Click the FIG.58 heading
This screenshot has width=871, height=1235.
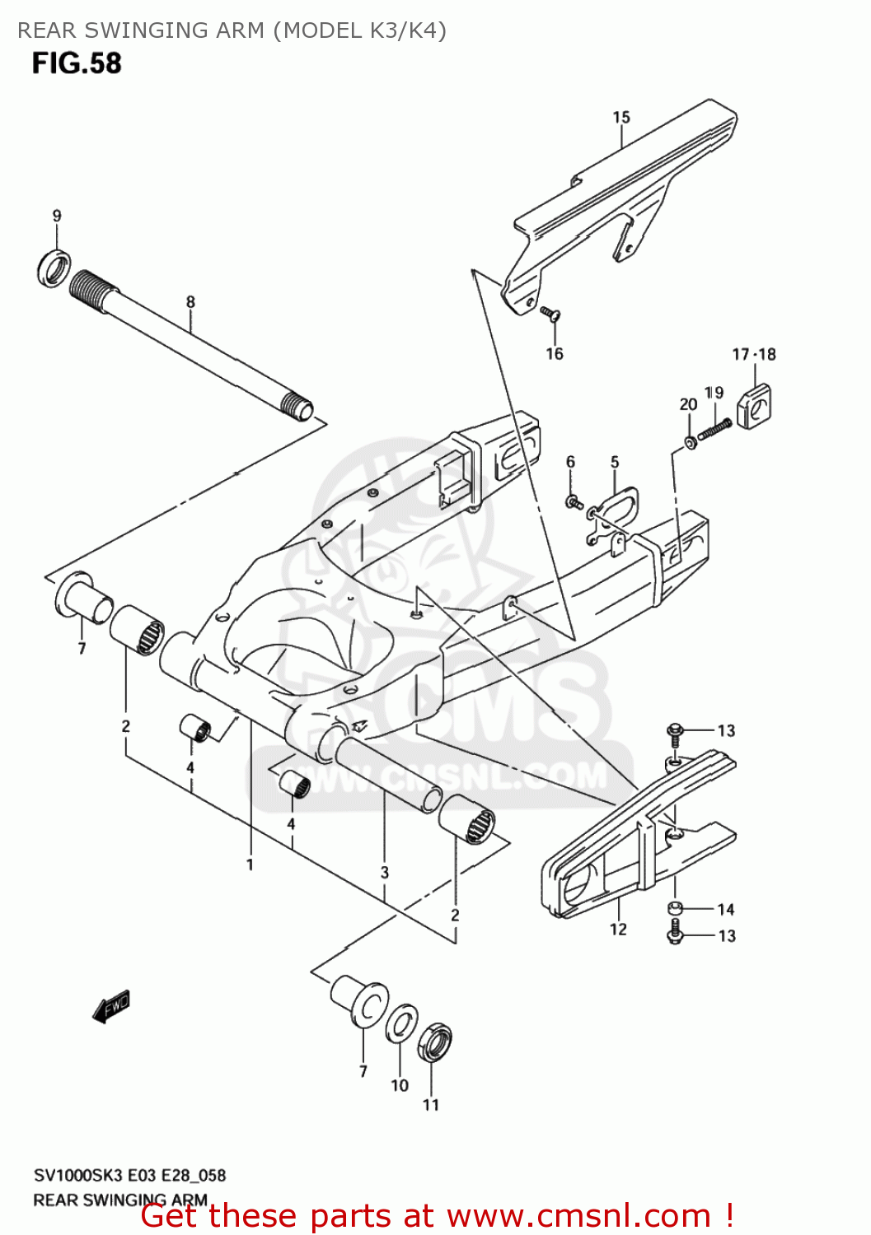77,63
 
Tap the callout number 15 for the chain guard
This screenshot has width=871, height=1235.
621,118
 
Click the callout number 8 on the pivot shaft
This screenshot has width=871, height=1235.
190,301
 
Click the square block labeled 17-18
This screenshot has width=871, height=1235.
754,406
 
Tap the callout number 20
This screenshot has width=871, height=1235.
688,404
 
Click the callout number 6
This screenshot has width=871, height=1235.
570,462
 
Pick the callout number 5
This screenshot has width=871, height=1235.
615,462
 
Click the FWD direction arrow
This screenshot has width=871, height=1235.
111,1005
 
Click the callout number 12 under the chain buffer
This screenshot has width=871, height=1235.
618,929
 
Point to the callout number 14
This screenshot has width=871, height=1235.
725,909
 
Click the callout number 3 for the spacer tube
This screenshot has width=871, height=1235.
384,872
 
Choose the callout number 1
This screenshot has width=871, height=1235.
249,864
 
